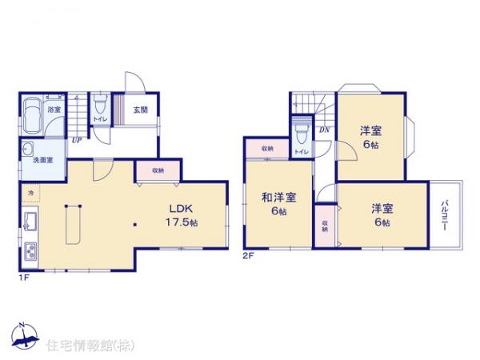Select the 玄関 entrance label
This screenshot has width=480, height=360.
(x=139, y=110)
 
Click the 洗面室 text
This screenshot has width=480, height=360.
(x=42, y=160)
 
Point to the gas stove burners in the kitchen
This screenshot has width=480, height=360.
(x=30, y=250)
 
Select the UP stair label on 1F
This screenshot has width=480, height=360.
(x=76, y=141)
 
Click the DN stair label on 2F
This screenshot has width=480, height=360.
(x=324, y=130)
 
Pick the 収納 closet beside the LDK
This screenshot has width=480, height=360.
(x=157, y=170)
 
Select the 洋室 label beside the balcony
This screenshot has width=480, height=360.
(x=381, y=214)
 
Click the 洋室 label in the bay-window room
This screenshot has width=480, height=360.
(x=369, y=137)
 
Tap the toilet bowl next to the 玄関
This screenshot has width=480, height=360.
(x=98, y=106)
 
